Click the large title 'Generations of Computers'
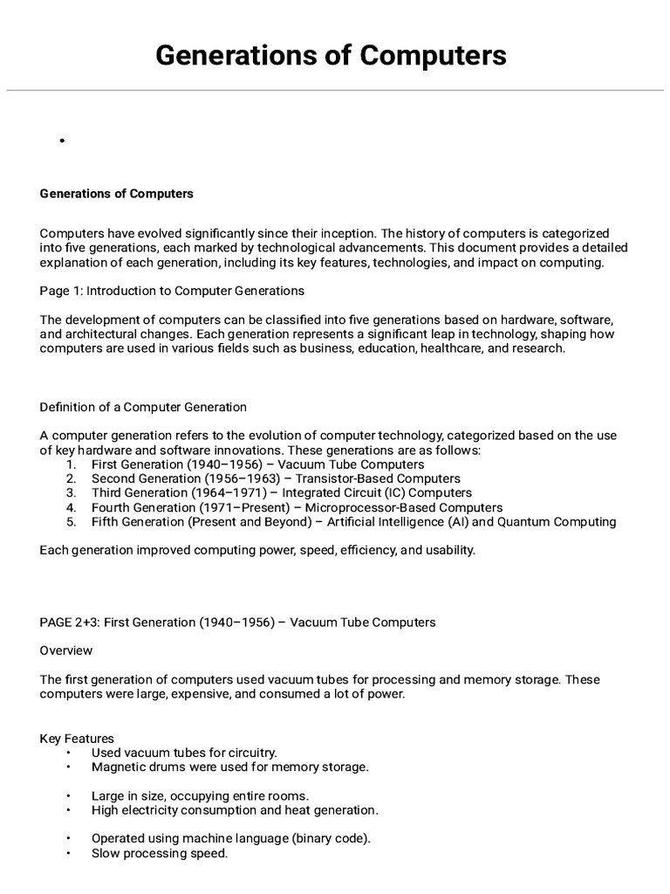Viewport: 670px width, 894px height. pyautogui.click(x=331, y=55)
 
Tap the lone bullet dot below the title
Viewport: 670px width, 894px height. pyautogui.click(x=64, y=141)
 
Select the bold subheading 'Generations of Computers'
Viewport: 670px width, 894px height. pyautogui.click(x=117, y=194)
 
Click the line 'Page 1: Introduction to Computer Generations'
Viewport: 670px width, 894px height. pyautogui.click(x=172, y=290)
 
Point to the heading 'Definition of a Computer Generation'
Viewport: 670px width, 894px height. pyautogui.click(x=143, y=407)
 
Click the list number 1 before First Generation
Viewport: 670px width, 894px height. pyautogui.click(x=72, y=464)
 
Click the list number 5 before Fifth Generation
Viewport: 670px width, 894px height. pyautogui.click(x=72, y=522)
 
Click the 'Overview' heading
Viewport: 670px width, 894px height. pyautogui.click(x=66, y=650)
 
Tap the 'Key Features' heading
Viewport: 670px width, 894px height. pyautogui.click(x=77, y=739)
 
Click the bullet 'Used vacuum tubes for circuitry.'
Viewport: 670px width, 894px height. pyautogui.click(x=184, y=753)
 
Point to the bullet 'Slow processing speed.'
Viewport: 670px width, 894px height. pyautogui.click(x=160, y=853)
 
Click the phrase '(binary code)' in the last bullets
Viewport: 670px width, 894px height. pyautogui.click(x=330, y=838)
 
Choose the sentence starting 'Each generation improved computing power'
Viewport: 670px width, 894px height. pyautogui.click(x=257, y=551)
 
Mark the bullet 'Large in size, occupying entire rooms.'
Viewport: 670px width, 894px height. pyautogui.click(x=200, y=795)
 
